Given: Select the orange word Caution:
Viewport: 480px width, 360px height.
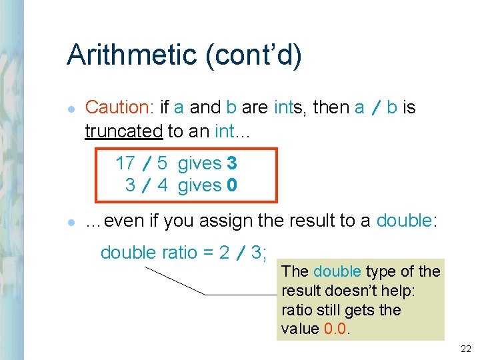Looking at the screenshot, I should (x=120, y=107).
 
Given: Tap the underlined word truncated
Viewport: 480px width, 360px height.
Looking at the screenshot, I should (x=123, y=131).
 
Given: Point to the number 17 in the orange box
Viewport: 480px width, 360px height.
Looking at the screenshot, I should (x=125, y=163).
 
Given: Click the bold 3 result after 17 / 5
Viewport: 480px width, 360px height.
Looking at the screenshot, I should (x=232, y=163).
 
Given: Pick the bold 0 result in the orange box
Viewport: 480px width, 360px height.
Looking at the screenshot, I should (x=232, y=185).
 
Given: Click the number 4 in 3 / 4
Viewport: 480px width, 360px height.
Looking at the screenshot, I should (x=163, y=185).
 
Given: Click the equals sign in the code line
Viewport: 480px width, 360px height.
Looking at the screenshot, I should (x=210, y=253).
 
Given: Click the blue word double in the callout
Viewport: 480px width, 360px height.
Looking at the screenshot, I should (x=337, y=271).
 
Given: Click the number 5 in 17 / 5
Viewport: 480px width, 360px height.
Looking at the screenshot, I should (x=162, y=163).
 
